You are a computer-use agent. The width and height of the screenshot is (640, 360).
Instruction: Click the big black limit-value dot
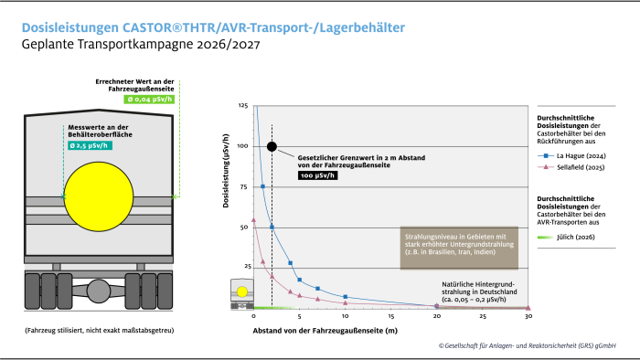(x=272, y=146)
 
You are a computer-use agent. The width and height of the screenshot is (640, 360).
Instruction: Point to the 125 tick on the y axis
(x=242, y=106)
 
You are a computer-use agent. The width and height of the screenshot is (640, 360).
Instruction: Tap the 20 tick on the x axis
(x=436, y=316)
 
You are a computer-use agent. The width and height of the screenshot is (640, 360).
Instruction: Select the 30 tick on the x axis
(x=528, y=316)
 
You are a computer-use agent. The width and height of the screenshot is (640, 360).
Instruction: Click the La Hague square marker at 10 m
(x=345, y=297)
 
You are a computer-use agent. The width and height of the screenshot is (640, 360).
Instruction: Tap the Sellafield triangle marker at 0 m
(x=253, y=220)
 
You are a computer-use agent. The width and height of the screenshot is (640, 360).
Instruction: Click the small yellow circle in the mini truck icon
(x=242, y=291)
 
